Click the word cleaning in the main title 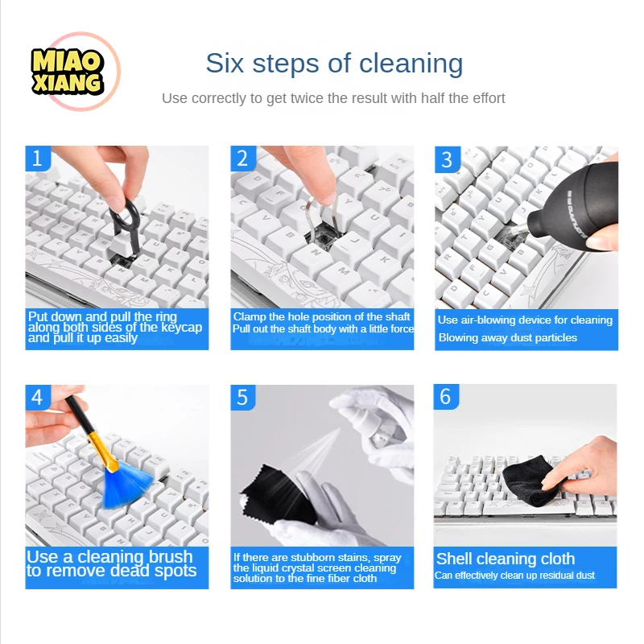pos(411,64)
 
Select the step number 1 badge pos(38,158)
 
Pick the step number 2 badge pos(243,158)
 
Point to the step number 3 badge pos(448,159)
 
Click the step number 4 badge pos(38,397)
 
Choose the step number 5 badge pos(243,397)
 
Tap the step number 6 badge pos(446,397)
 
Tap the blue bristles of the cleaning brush pos(126,487)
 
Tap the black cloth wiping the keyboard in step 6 pos(530,481)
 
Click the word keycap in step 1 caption pos(182,328)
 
